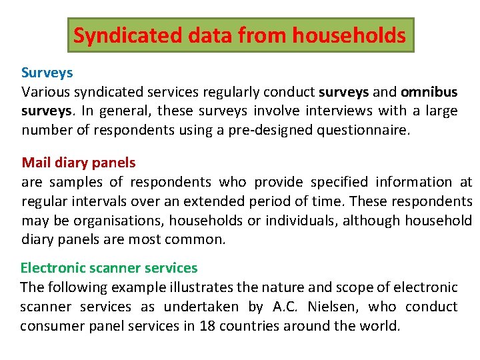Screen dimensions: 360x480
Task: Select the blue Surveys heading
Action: click(x=47, y=72)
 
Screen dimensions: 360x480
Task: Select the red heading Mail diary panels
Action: click(x=79, y=163)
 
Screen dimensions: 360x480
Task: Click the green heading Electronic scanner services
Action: click(x=109, y=268)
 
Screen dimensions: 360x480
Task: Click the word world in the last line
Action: click(x=380, y=326)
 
